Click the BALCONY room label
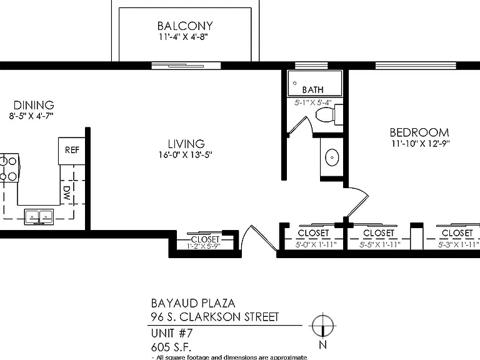coord(185,26)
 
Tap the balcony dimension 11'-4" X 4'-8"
coord(183,37)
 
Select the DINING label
coord(34,105)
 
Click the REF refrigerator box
coord(72,151)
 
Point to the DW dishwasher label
coord(67,193)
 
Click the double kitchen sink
coord(39,217)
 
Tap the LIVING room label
coord(186,144)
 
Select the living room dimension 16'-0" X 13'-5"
coord(185,155)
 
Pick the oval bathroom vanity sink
coord(332,157)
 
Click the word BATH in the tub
coord(313,90)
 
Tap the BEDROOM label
coord(419,132)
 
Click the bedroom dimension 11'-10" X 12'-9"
coord(421,144)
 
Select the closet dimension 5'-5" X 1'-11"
coord(380,244)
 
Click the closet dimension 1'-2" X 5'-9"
coord(204,246)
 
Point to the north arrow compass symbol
coord(322,326)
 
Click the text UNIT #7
coord(172,332)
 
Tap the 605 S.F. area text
coord(171,347)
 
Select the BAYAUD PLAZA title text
coord(193,303)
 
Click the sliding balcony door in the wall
coord(186,66)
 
